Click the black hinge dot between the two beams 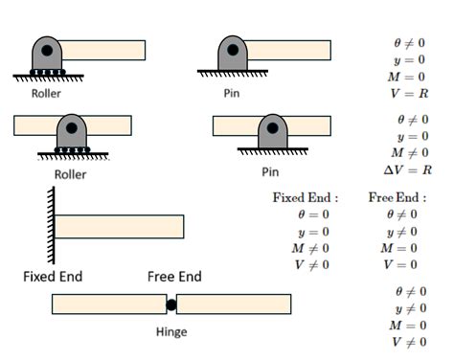(171, 305)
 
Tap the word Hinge (170, 332)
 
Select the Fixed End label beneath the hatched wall (53, 277)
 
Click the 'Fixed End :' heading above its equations (306, 198)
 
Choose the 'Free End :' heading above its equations (397, 198)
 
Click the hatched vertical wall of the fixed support (47, 226)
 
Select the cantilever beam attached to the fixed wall (119, 227)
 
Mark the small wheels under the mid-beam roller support (70, 149)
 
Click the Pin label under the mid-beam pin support (270, 172)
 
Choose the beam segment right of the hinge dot (234, 305)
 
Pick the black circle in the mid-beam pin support (273, 125)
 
